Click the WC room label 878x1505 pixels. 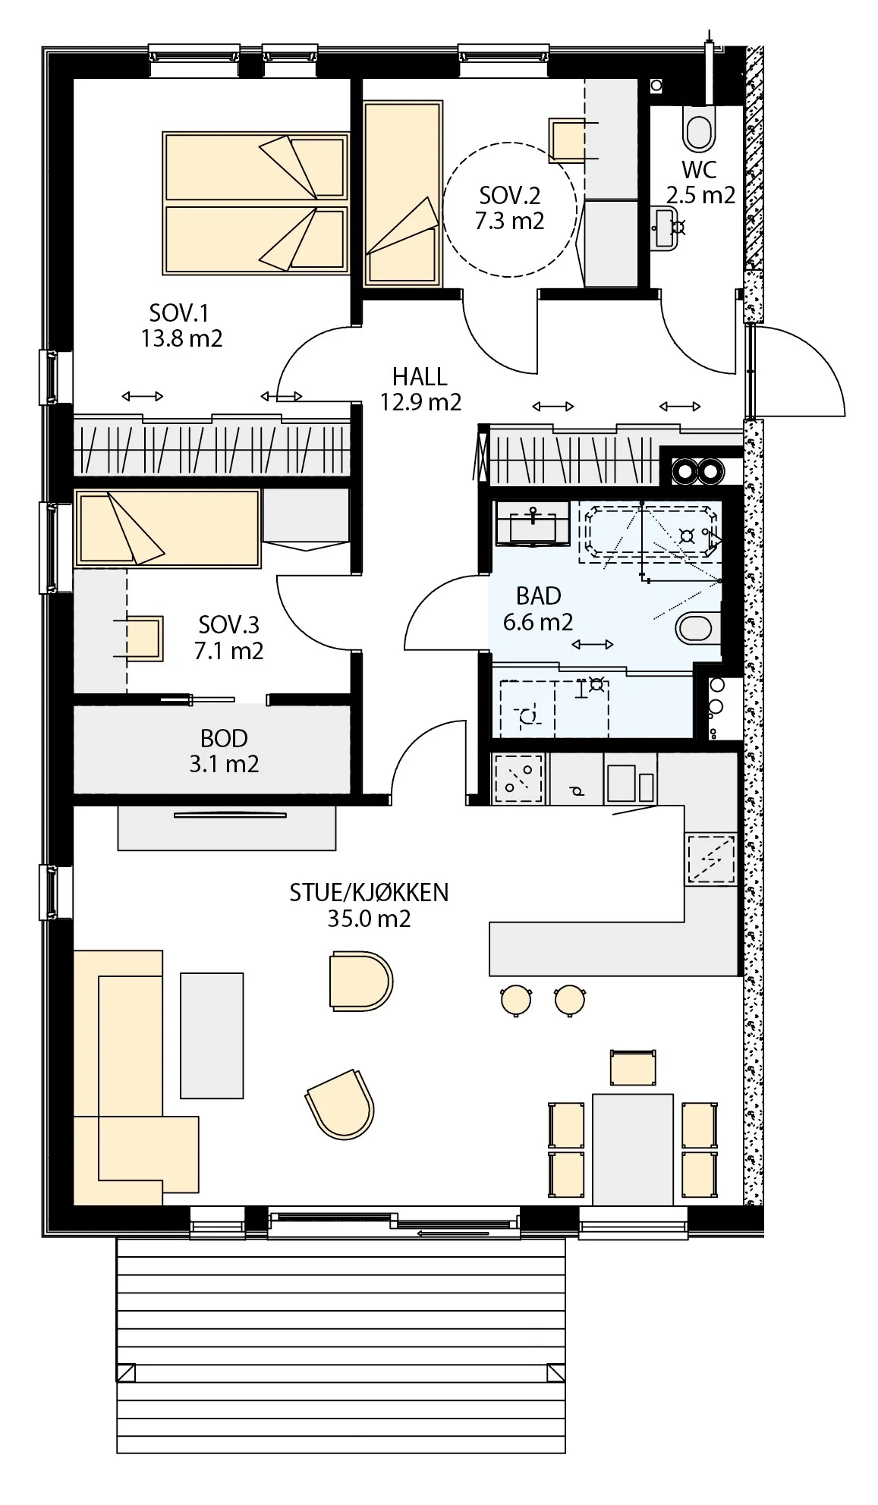(699, 169)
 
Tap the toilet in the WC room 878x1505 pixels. (700, 128)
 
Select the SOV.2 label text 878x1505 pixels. (509, 196)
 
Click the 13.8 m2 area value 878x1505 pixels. (182, 338)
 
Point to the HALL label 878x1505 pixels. (420, 376)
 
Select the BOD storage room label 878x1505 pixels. (224, 738)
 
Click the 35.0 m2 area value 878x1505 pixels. (369, 919)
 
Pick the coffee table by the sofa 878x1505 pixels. (212, 1035)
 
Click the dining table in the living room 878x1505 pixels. (633, 1149)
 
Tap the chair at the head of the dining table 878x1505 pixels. (633, 1068)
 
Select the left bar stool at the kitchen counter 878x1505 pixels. (516, 999)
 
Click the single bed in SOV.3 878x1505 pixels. (168, 528)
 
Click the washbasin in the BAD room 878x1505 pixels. (532, 523)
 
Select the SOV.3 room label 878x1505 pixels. (228, 625)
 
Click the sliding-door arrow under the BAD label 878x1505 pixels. (593, 645)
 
